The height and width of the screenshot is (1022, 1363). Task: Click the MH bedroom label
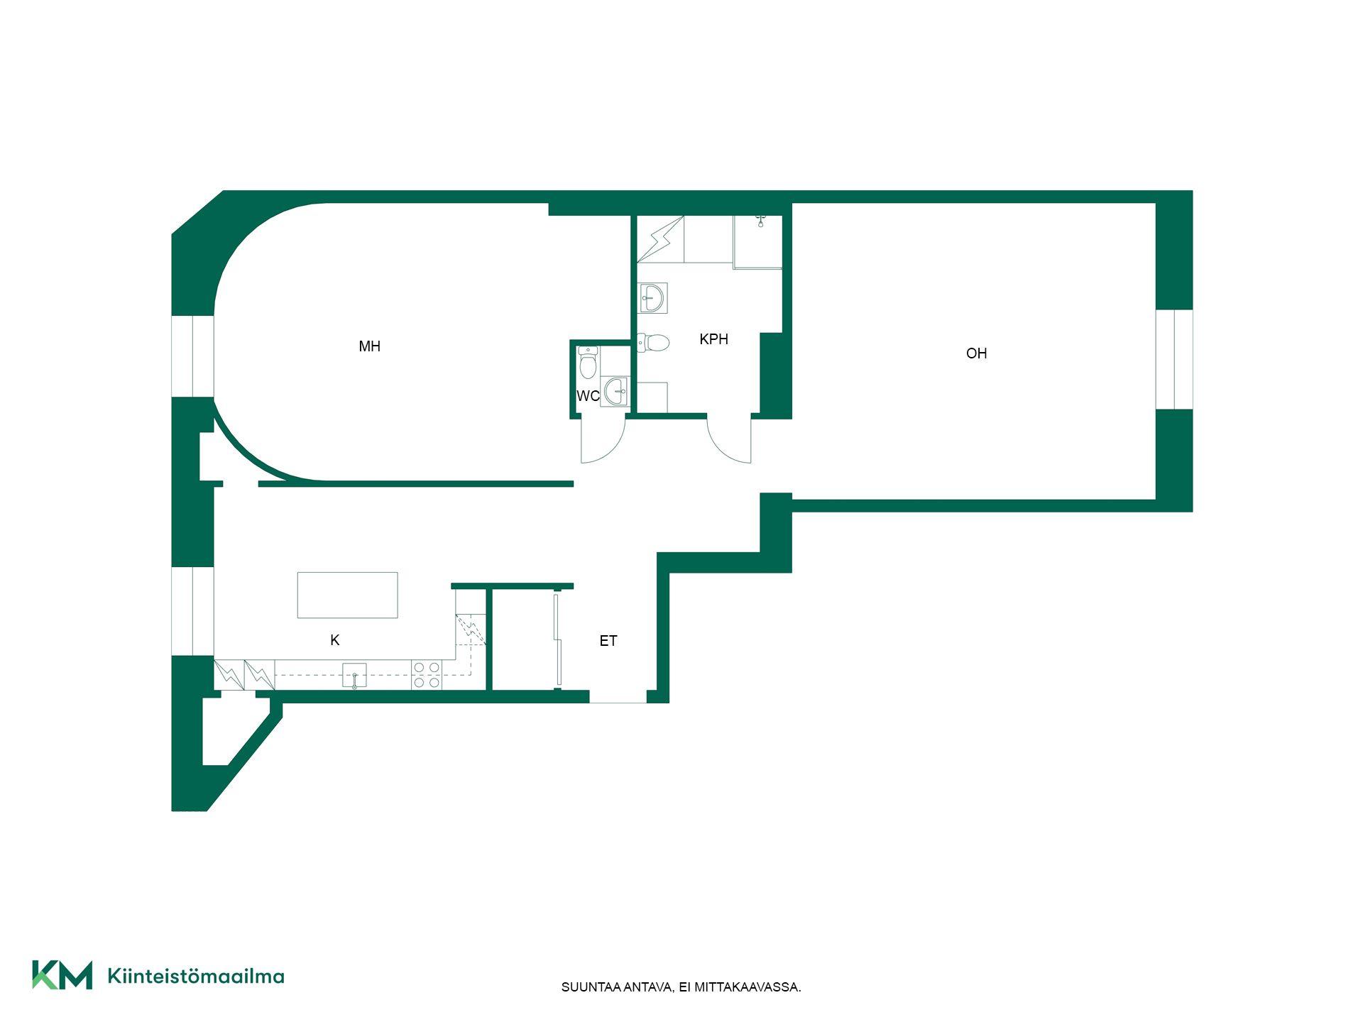(369, 346)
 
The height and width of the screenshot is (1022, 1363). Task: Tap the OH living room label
(976, 353)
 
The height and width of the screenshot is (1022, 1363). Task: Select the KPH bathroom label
(713, 339)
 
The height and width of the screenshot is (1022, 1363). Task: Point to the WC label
(588, 396)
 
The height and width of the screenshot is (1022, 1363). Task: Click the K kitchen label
(335, 640)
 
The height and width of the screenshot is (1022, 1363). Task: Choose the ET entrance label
(608, 641)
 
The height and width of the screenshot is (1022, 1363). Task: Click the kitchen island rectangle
(347, 595)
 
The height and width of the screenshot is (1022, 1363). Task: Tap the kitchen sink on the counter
(354, 675)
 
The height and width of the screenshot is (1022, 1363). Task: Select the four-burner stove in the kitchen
(427, 674)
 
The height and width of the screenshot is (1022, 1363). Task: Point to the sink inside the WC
(615, 391)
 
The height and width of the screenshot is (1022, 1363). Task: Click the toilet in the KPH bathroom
(654, 343)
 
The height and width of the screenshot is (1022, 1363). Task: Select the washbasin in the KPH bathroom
(652, 298)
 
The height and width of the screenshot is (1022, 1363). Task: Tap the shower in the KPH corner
(757, 242)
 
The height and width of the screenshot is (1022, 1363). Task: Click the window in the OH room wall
(1174, 359)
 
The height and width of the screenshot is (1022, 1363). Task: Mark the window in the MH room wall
(193, 356)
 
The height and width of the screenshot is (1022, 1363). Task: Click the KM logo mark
(62, 974)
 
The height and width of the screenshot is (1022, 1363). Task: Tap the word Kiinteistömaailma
(196, 976)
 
